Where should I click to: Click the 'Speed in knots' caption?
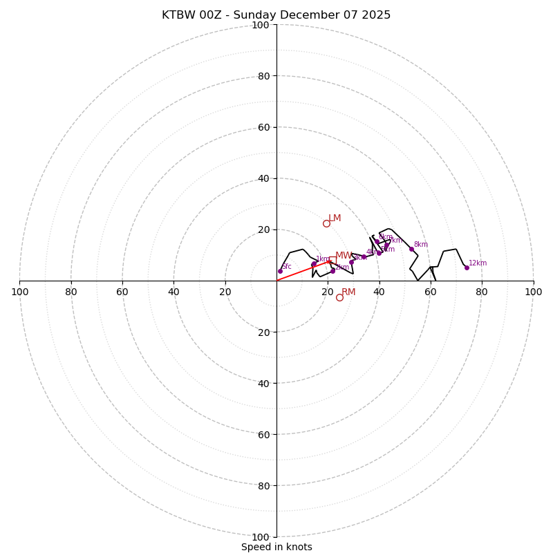[276, 547]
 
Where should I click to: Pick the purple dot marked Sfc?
[280, 271]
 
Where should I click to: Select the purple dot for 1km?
[313, 264]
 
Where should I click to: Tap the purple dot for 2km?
[332, 270]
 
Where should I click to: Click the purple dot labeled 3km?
[351, 262]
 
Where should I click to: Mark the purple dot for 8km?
[411, 249]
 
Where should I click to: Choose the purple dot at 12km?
[467, 268]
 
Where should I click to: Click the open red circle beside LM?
[326, 223]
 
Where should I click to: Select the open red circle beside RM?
[339, 297]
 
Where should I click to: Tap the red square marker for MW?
[332, 260]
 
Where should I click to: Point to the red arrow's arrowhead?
[329, 261]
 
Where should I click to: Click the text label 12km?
[478, 263]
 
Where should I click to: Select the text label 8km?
[420, 244]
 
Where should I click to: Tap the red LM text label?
[335, 218]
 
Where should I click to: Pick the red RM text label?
[348, 292]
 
